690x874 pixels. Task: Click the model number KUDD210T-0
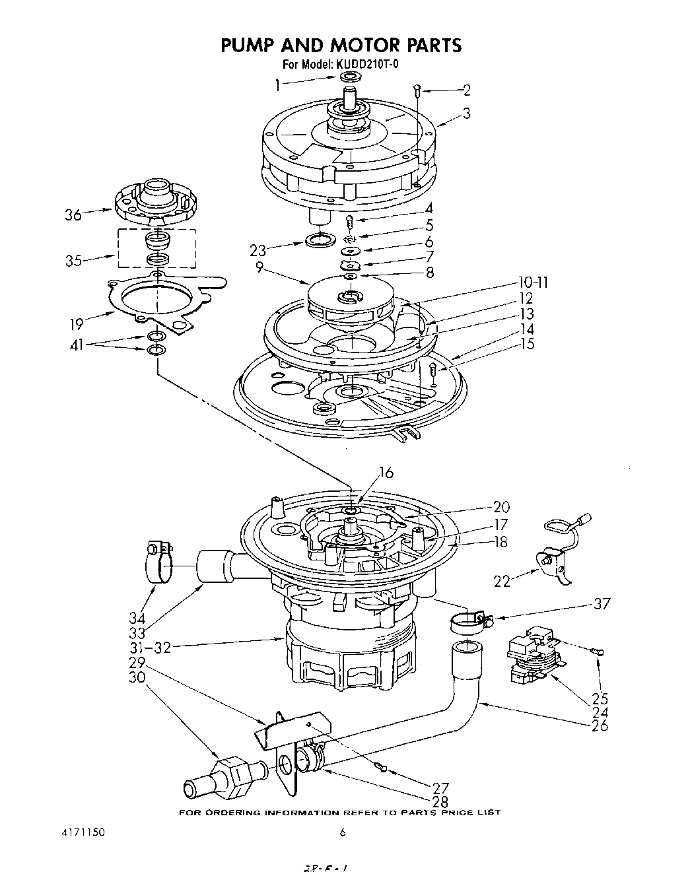[x=368, y=64]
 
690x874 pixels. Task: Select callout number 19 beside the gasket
[x=78, y=323]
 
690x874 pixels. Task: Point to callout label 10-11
[x=533, y=283]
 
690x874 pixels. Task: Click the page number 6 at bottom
[x=342, y=833]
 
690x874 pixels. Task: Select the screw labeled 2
[x=416, y=90]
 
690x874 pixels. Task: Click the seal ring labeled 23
[x=320, y=238]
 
